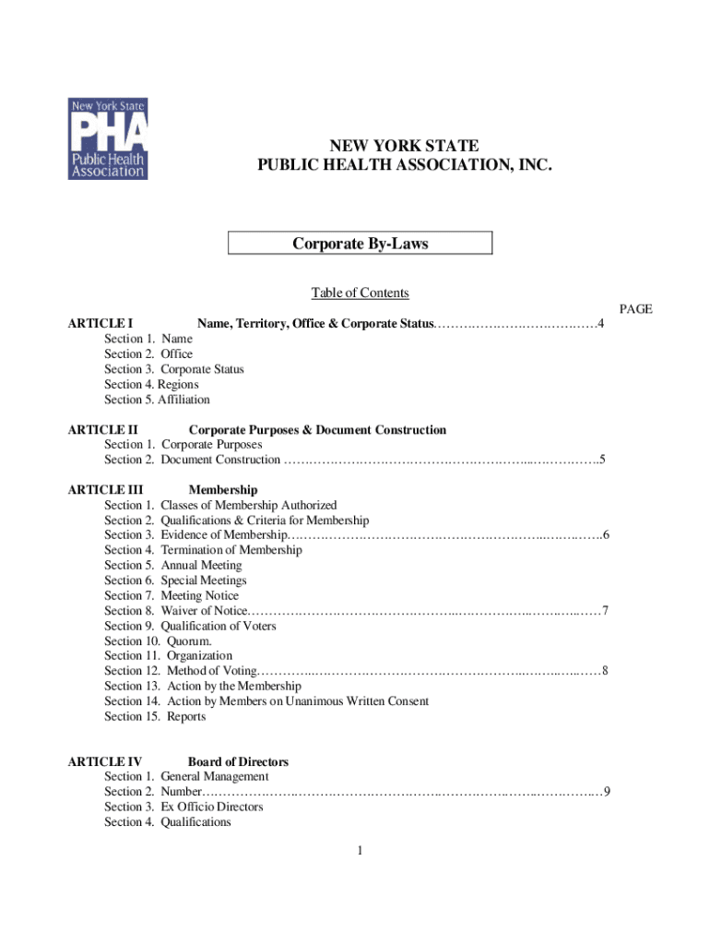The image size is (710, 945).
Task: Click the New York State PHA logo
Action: click(x=107, y=138)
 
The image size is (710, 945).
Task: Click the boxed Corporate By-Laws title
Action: click(x=360, y=244)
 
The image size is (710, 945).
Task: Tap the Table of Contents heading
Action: click(x=360, y=293)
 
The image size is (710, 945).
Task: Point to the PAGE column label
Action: click(x=635, y=309)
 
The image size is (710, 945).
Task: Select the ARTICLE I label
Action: click(x=101, y=324)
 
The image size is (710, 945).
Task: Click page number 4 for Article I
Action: click(x=601, y=324)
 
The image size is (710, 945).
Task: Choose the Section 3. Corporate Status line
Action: click(x=174, y=369)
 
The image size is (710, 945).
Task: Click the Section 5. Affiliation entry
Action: click(x=157, y=400)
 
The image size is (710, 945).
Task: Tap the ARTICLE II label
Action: click(x=103, y=430)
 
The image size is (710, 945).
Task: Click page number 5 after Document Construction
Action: click(x=601, y=460)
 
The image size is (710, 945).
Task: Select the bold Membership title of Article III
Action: click(x=222, y=490)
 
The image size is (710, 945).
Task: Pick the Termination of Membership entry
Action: click(x=203, y=550)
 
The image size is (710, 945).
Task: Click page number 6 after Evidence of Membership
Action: click(x=606, y=535)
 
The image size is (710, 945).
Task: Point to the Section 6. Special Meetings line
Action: click(x=175, y=580)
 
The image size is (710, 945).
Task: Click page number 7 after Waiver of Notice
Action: click(x=604, y=611)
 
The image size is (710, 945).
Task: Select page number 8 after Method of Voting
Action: click(x=604, y=671)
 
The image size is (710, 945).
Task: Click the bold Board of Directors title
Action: click(x=238, y=762)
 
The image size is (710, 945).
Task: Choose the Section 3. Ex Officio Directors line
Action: click(x=183, y=807)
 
